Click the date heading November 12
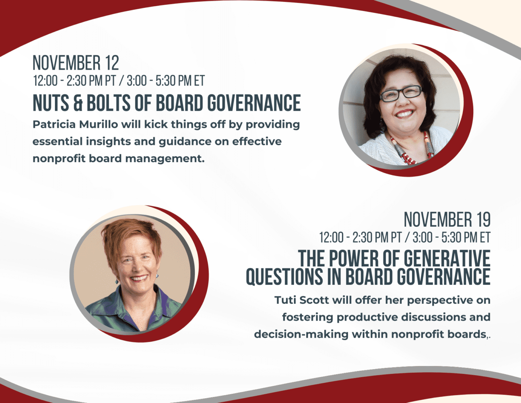[x=76, y=63]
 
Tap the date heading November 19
[x=447, y=220]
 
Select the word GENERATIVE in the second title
[x=447, y=258]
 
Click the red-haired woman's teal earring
[x=117, y=281]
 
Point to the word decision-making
[x=301, y=335]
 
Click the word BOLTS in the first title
[x=109, y=103]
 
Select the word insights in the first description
[x=108, y=142]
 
